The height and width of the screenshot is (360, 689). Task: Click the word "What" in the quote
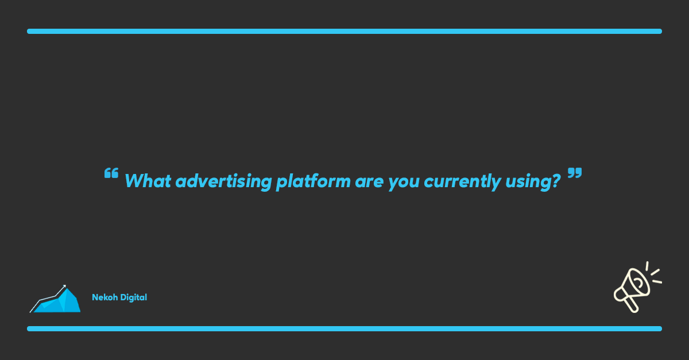pos(148,181)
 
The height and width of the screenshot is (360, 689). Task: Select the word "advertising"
pos(223,181)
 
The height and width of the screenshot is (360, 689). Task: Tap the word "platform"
pos(313,181)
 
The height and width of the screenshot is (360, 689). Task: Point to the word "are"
pos(369,182)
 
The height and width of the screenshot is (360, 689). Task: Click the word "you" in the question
pos(404,183)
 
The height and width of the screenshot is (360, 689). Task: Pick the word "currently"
pos(462,181)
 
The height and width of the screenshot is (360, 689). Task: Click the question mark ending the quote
pos(556,180)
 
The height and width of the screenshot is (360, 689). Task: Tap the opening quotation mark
pos(111,173)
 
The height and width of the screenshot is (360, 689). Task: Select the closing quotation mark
pos(575,173)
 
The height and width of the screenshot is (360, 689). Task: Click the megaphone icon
pos(637,287)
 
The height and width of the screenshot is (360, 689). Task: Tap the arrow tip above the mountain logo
pos(65,286)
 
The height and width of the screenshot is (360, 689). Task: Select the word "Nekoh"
pos(105,297)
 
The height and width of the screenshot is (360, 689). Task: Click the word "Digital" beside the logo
pos(133,297)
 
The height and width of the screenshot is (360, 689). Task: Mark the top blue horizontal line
pos(344,31)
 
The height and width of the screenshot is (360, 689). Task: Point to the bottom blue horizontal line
pos(344,328)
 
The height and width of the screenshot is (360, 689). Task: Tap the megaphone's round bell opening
pos(638,282)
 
